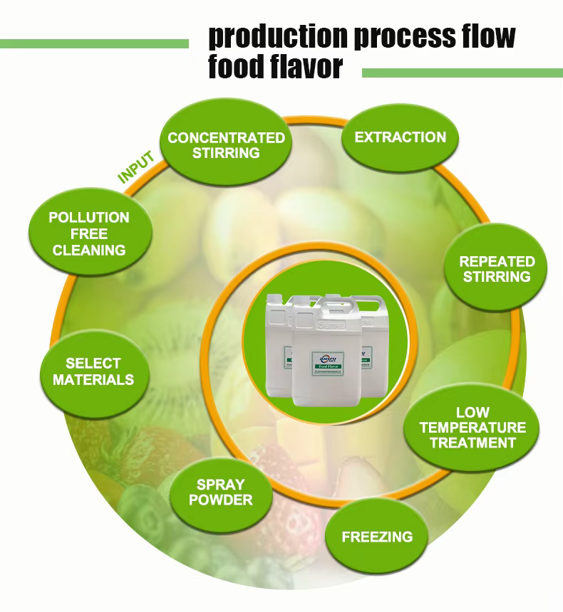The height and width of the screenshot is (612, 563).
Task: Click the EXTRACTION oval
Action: pos(400,137)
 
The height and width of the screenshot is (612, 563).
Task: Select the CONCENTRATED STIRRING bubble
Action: pos(226,144)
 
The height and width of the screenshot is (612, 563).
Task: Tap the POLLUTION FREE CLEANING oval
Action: pos(89,233)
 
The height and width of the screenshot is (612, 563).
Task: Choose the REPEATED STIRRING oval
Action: pos(497,269)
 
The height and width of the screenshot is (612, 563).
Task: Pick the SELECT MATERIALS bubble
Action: pos(93,371)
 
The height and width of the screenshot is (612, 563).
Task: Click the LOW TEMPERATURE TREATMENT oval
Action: pos(472,427)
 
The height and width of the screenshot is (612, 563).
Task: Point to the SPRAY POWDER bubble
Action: pos(221,492)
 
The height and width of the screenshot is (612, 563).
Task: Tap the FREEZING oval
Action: pos(377,536)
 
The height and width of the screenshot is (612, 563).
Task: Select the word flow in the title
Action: pos(485,36)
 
